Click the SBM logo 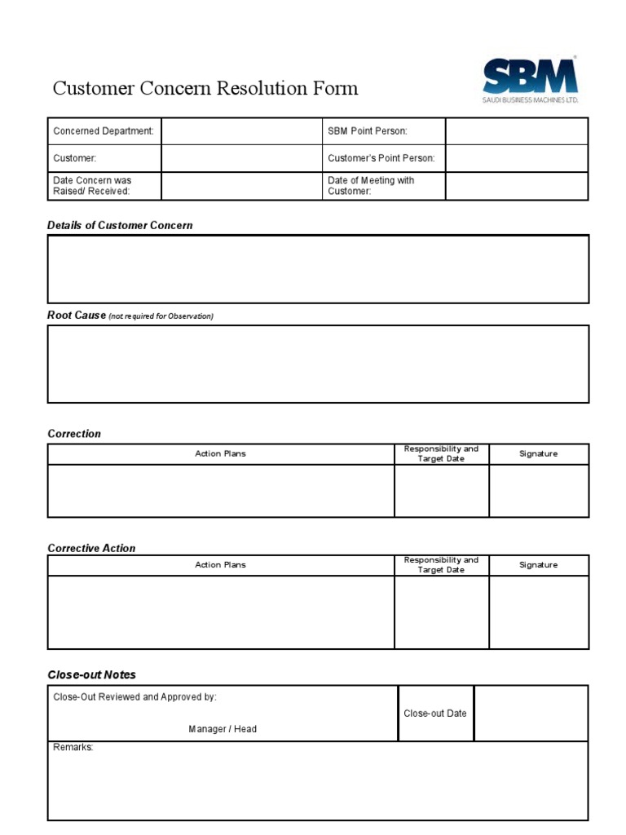coord(529,79)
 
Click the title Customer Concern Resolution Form coord(205,88)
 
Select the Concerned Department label coord(104,131)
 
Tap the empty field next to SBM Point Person coord(516,131)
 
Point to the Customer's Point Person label coord(381,158)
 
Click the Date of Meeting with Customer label coord(371,186)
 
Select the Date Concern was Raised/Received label coord(92,186)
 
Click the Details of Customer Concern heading coord(120,225)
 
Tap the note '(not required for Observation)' coord(161,316)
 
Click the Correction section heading coord(74,434)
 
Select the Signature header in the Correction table coord(538,453)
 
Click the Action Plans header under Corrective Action coord(220,565)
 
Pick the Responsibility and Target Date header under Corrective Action coord(441,565)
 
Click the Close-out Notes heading coord(91,674)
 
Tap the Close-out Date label coord(435,714)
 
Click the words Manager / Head coord(223,729)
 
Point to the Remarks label coord(73,747)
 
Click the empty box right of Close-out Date coord(531,714)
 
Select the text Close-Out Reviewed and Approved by coord(135,697)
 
